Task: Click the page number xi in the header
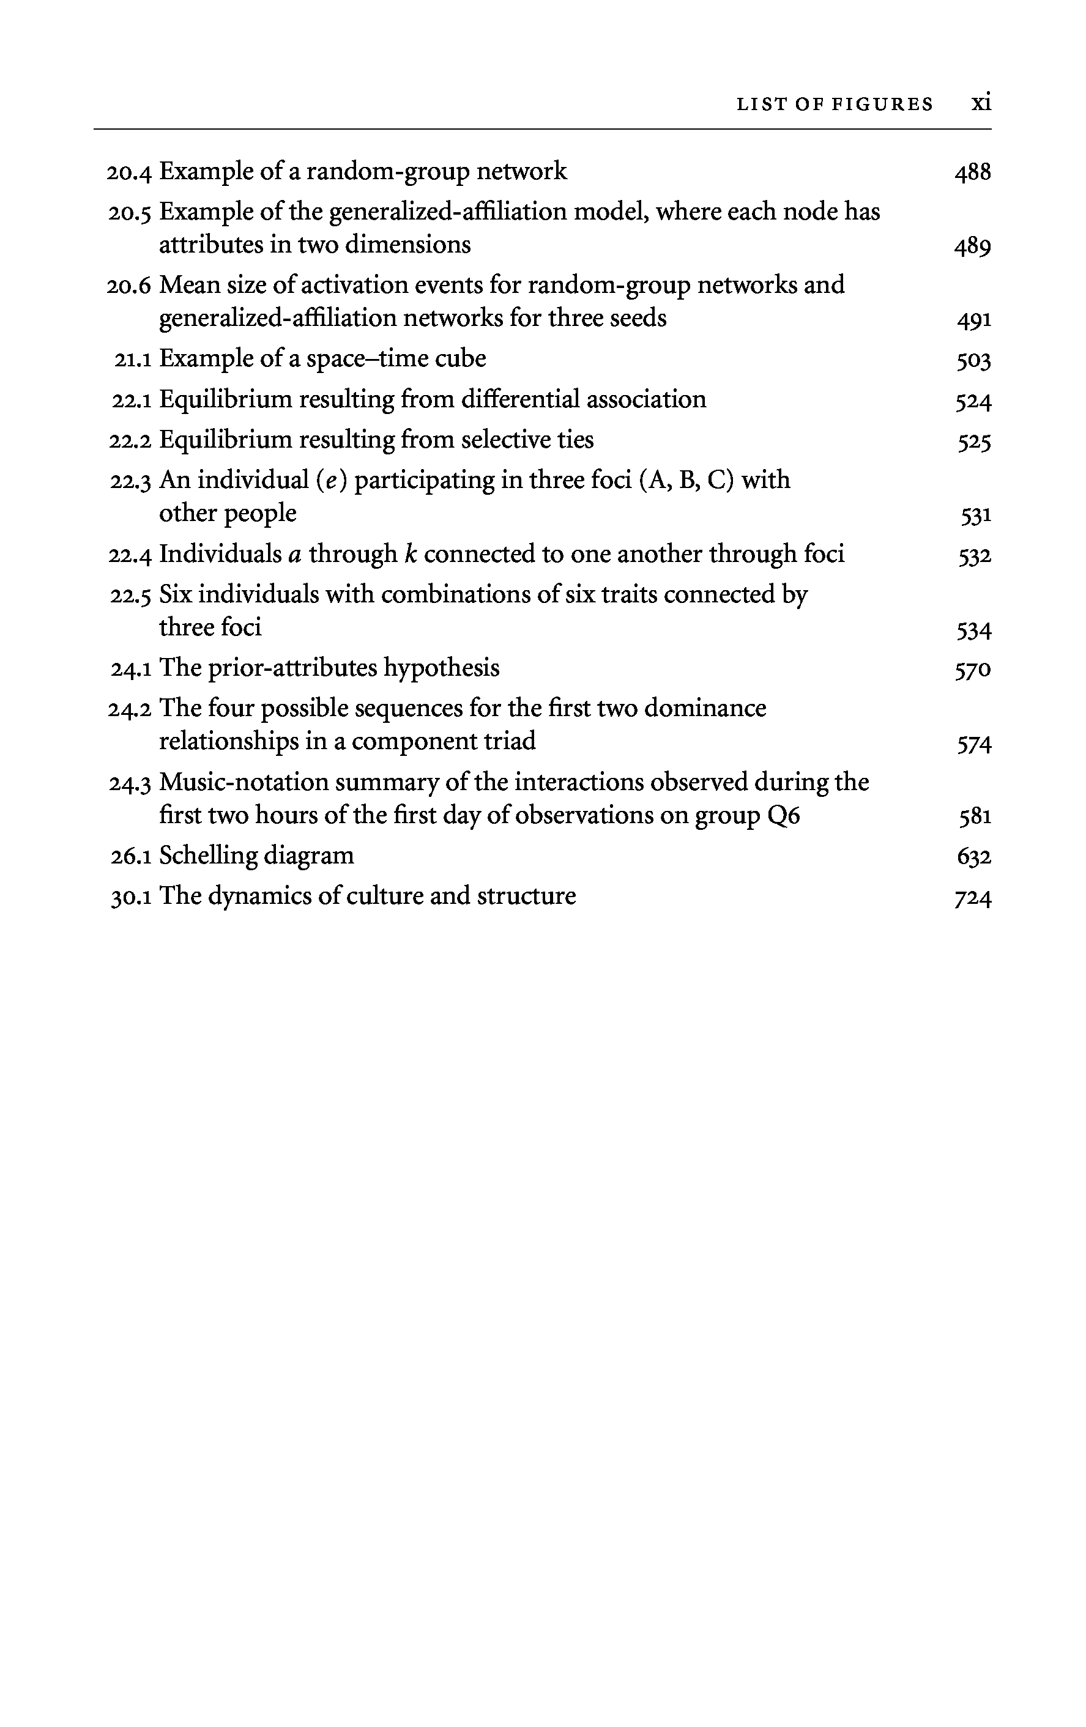[x=981, y=103]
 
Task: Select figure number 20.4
[x=129, y=172]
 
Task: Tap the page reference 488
[x=972, y=172]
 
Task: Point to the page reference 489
[x=972, y=246]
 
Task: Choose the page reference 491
[x=973, y=319]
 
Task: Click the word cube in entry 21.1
[x=463, y=358]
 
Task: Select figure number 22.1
[x=132, y=399]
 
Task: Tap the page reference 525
[x=973, y=441]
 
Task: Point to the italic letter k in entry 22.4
[x=411, y=553]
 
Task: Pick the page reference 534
[x=973, y=630]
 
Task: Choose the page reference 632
[x=973, y=856]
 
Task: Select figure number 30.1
[x=130, y=897]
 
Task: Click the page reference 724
[x=973, y=897]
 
